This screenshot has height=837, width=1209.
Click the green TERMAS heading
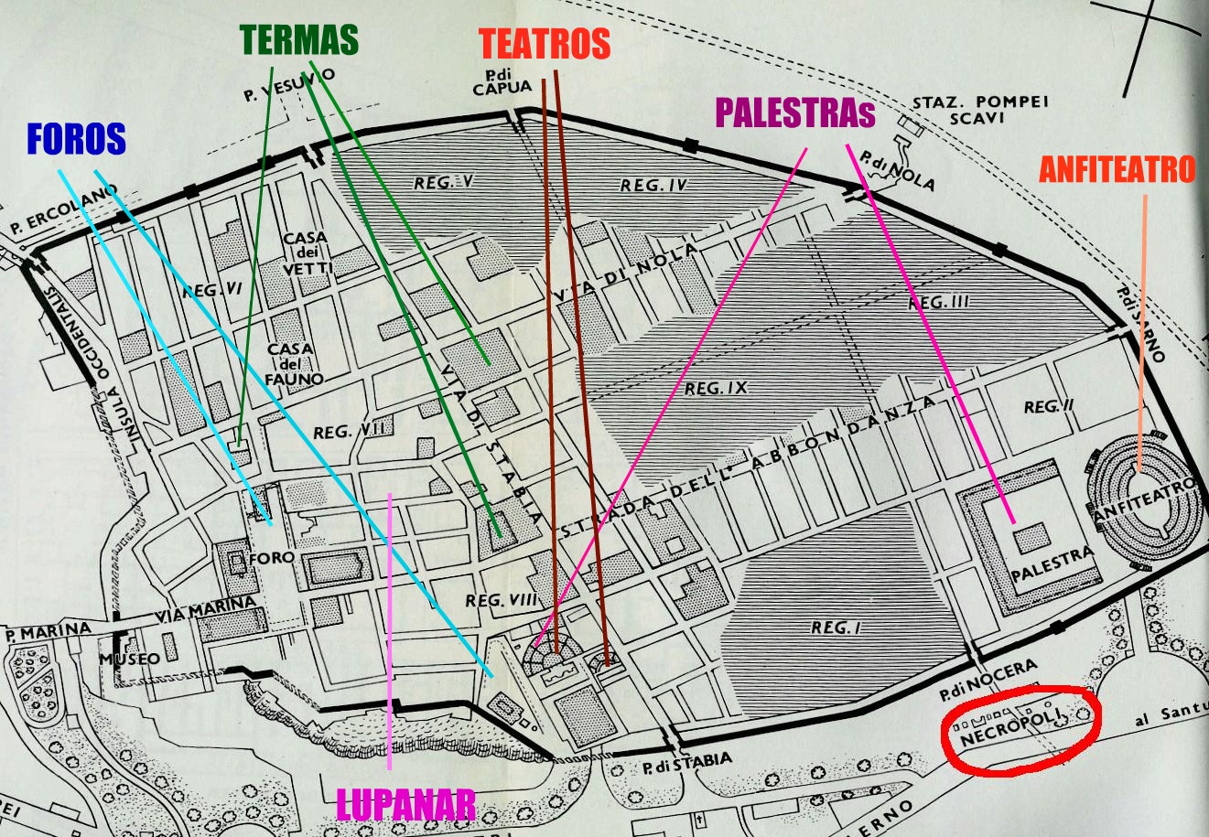[x=299, y=39]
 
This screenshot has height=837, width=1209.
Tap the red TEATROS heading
[x=545, y=44]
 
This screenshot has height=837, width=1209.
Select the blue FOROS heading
[x=75, y=139]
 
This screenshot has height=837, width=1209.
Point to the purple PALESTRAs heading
[x=794, y=113]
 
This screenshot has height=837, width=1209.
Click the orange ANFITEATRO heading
[x=1117, y=169]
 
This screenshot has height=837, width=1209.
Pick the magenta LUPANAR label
[x=405, y=805]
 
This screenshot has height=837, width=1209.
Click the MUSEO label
[x=129, y=658]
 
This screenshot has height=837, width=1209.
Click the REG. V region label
[x=442, y=183]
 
